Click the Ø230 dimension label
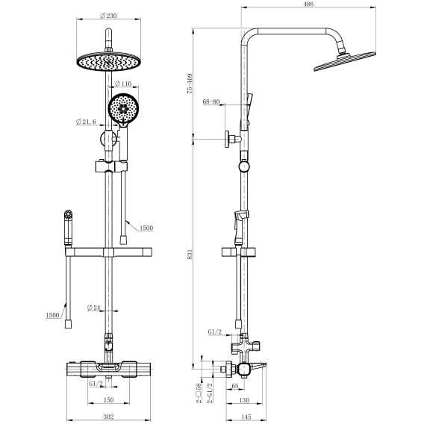click(108, 16)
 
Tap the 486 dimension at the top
click(308, 4)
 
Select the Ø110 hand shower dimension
click(123, 84)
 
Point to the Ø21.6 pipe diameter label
click(86, 122)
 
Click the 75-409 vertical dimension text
click(190, 84)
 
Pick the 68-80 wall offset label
click(211, 102)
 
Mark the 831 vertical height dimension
click(190, 255)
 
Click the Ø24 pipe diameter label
click(93, 308)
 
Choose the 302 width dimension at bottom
click(108, 417)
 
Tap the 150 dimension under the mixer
click(108, 399)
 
